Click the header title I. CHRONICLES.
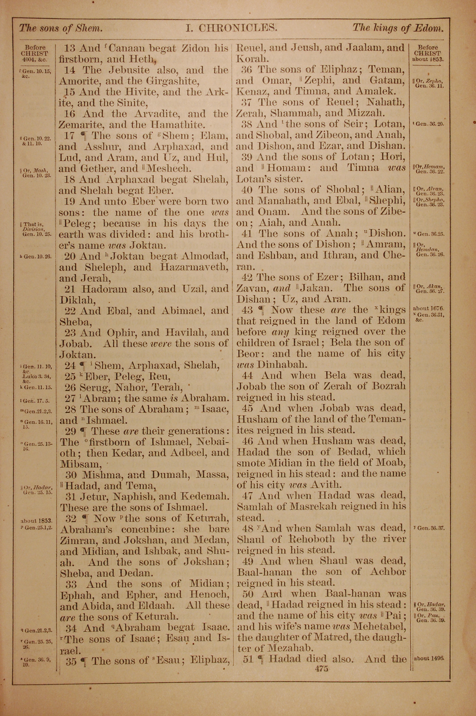(x=232, y=28)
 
